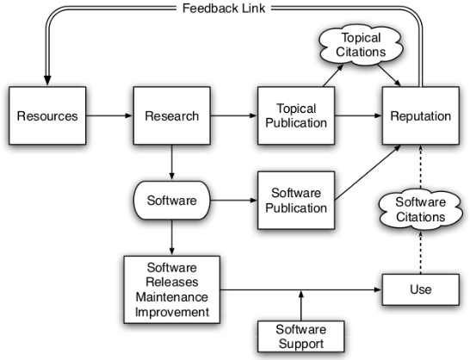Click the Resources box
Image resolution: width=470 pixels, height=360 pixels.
pyautogui.click(x=47, y=115)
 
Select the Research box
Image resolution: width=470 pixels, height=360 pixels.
pyautogui.click(x=172, y=115)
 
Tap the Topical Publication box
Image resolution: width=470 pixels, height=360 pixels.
pyautogui.click(x=296, y=115)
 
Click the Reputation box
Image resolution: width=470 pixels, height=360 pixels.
pyautogui.click(x=421, y=115)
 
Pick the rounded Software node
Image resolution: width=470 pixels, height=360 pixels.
pyautogui.click(x=172, y=200)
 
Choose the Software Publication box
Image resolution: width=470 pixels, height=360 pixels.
pyautogui.click(x=296, y=201)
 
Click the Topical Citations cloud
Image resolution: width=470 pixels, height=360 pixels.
pyautogui.click(x=361, y=45)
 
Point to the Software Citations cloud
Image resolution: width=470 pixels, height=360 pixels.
pyautogui.click(x=421, y=209)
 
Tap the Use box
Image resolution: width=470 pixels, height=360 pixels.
pyautogui.click(x=421, y=289)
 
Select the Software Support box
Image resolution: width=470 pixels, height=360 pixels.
pyautogui.click(x=301, y=336)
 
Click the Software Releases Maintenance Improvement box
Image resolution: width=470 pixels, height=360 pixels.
pyautogui.click(x=172, y=289)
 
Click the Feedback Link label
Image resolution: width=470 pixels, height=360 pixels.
pyautogui.click(x=224, y=8)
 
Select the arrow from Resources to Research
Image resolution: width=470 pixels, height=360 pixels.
pyautogui.click(x=109, y=115)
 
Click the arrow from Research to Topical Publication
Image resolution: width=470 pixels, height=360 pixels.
pyautogui.click(x=234, y=115)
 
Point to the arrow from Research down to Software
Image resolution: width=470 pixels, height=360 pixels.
pyautogui.click(x=172, y=162)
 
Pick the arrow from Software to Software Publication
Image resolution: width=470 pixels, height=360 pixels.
pyautogui.click(x=234, y=200)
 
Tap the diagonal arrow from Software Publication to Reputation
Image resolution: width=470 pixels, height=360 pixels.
pyautogui.click(x=368, y=172)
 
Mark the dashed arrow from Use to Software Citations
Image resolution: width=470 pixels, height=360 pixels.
pyautogui.click(x=421, y=252)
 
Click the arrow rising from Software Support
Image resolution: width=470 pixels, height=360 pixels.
pyautogui.click(x=301, y=306)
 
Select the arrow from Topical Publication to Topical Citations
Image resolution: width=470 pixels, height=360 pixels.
pyautogui.click(x=333, y=75)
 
